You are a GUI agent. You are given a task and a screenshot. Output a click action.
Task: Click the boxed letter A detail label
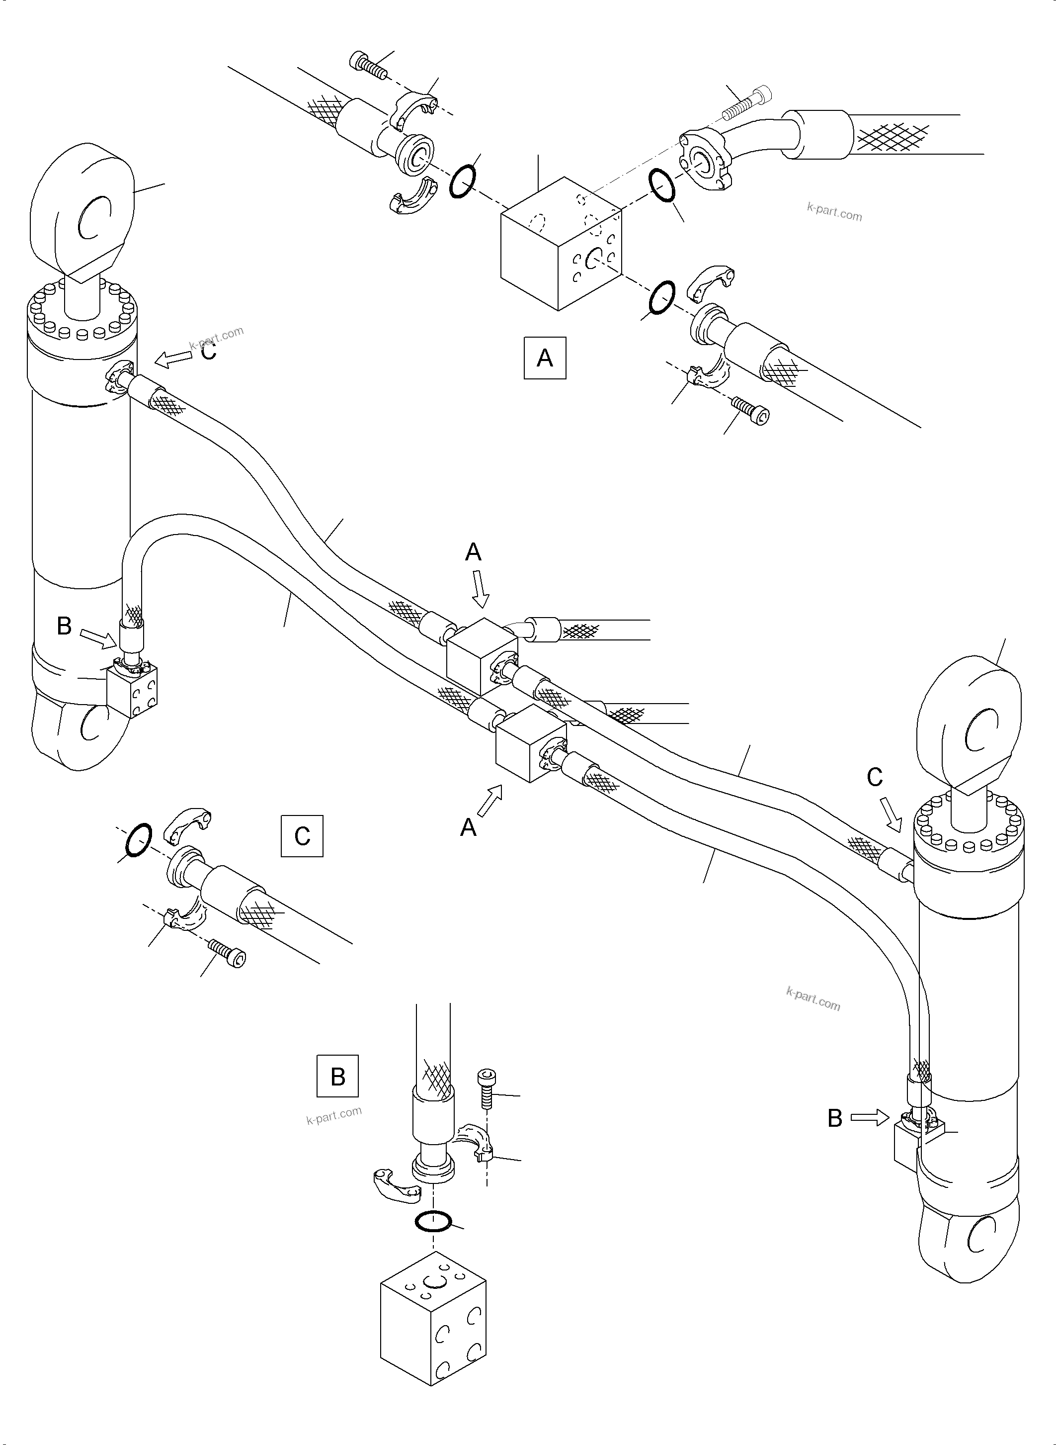point(545,357)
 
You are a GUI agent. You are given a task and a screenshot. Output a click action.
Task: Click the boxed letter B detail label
point(337,1076)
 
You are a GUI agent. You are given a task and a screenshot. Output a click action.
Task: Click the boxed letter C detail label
point(302,835)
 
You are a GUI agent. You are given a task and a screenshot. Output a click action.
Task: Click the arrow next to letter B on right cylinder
point(870,1117)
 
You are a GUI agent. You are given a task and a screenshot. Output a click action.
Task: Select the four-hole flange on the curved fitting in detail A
point(703,156)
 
